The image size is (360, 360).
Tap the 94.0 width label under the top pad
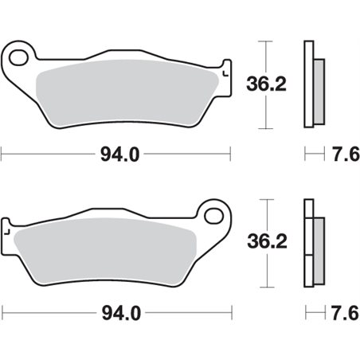(x=117, y=155)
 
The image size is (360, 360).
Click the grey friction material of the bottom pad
(x=104, y=247)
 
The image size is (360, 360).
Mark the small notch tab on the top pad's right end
(x=227, y=70)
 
